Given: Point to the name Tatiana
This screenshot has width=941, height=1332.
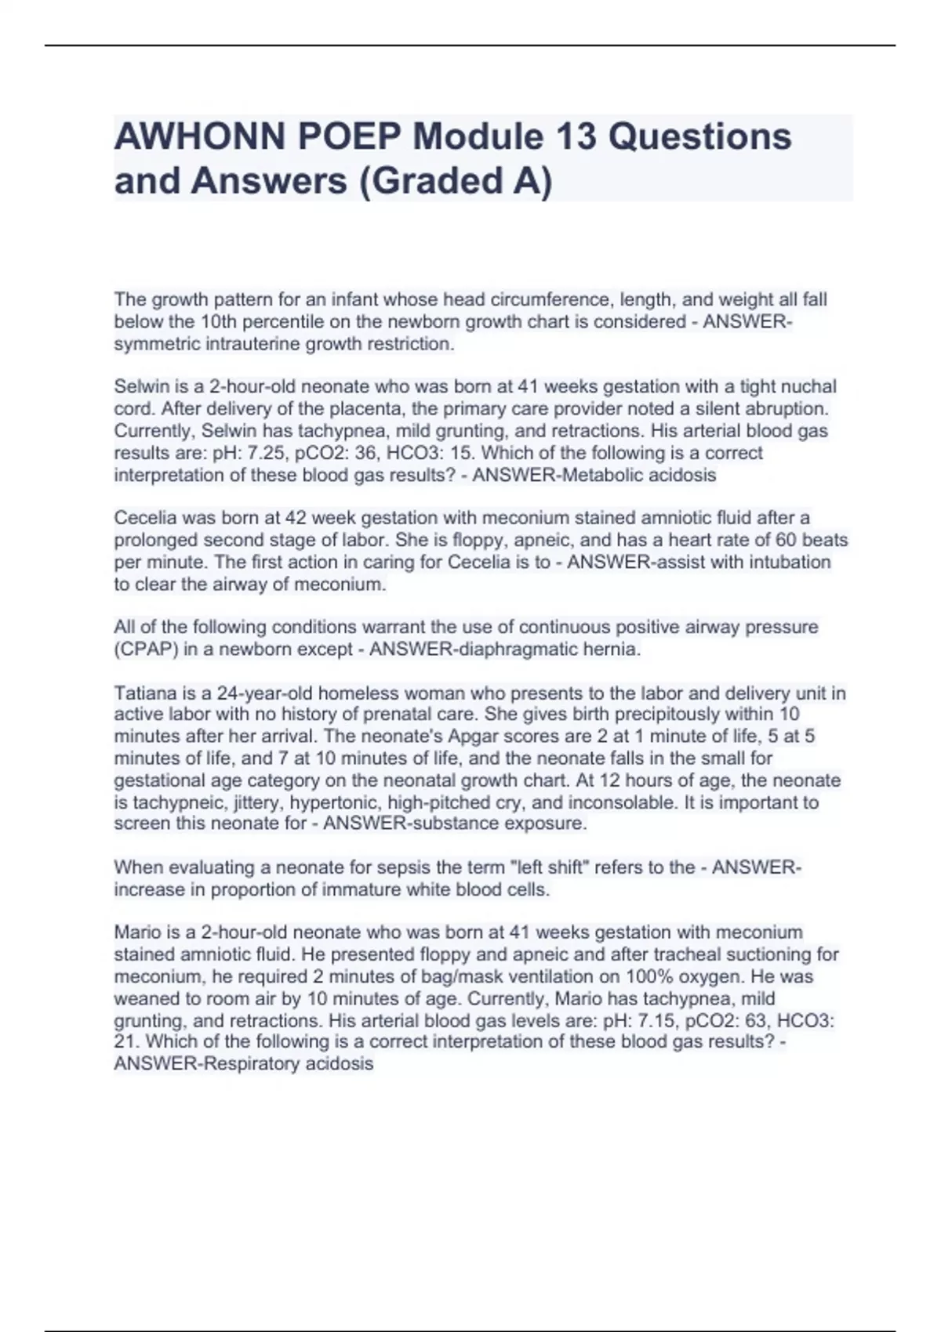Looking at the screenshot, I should point(146,693).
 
